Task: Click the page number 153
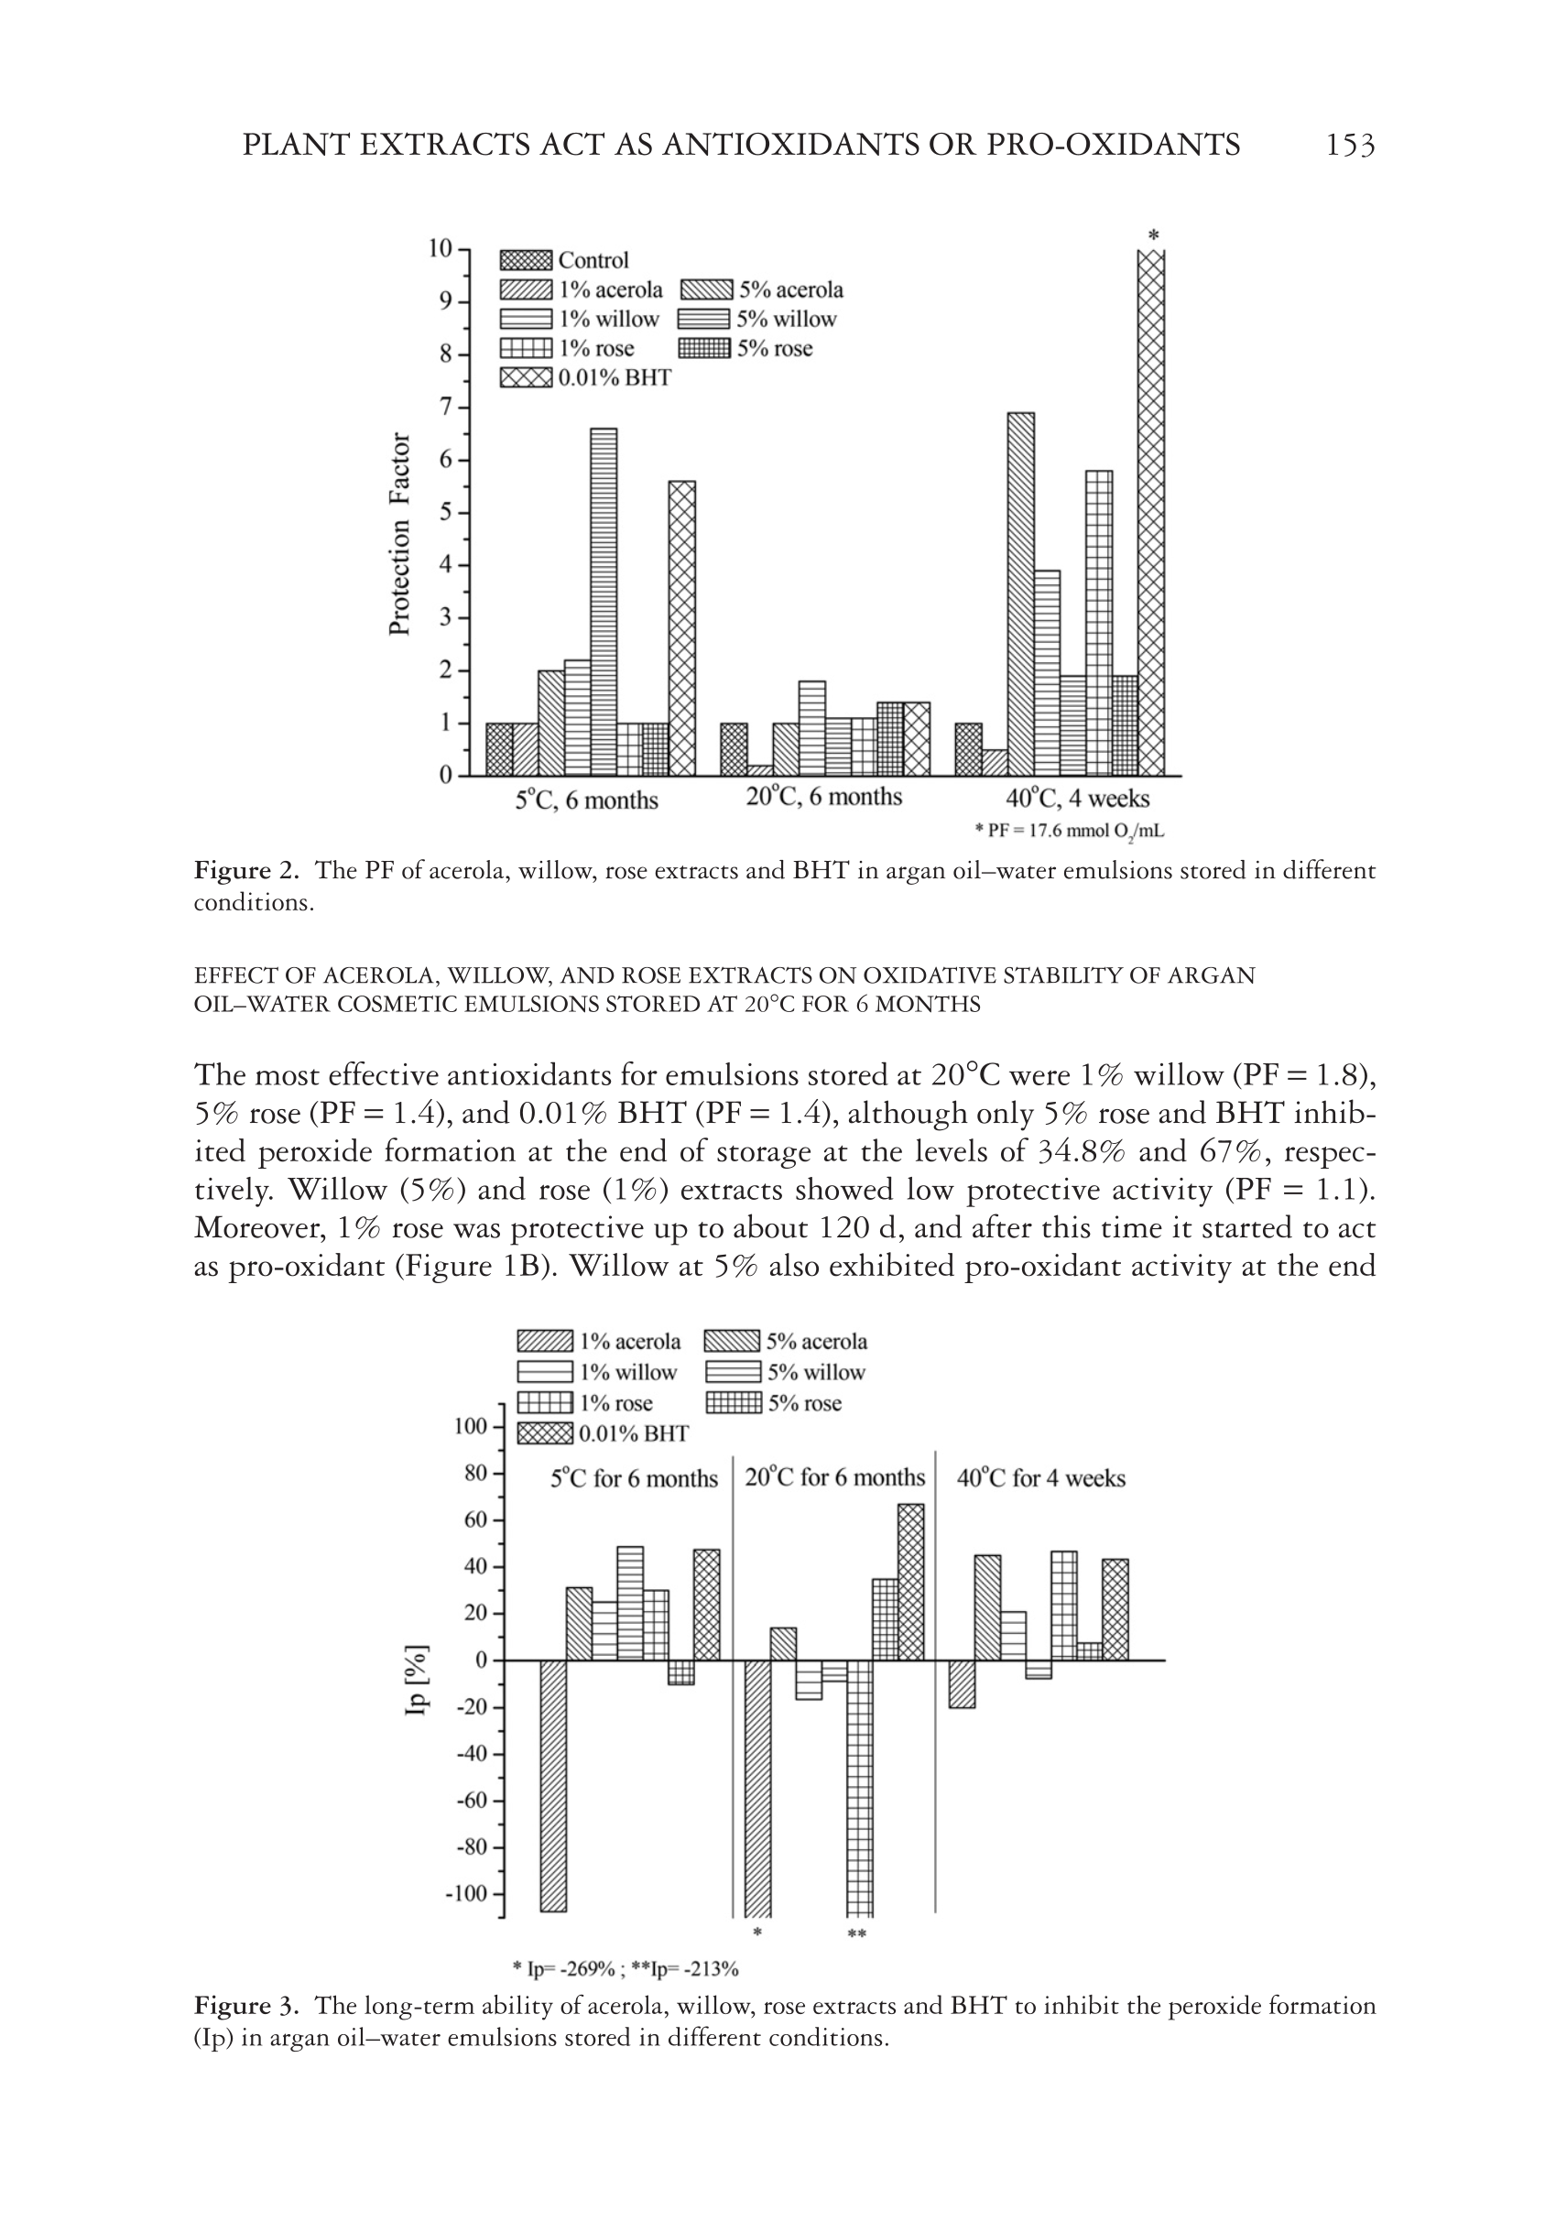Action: (1349, 146)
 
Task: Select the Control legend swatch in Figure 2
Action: (525, 260)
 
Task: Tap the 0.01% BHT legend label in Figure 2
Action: (614, 377)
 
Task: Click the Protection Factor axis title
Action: (398, 534)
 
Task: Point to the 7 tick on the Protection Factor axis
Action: (446, 408)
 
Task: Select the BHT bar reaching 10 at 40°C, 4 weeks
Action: (1150, 513)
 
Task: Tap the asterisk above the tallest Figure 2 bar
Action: (1153, 235)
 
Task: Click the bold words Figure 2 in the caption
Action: (247, 870)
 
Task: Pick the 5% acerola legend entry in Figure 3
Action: (785, 1342)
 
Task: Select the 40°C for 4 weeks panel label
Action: (1040, 1478)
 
